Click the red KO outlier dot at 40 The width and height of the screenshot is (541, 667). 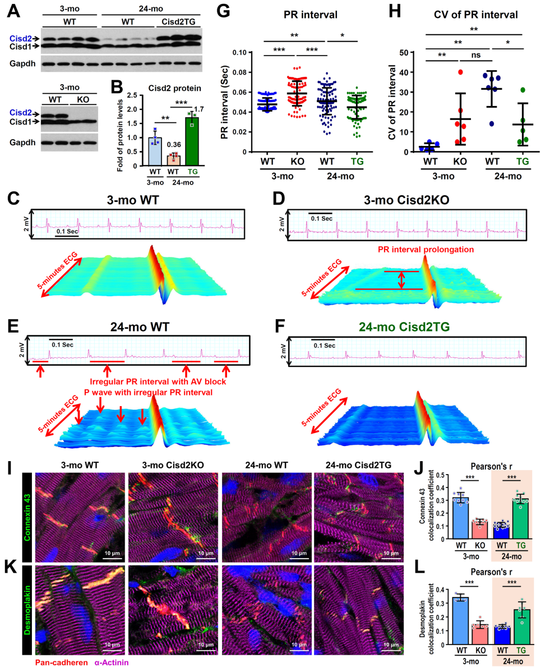coord(461,72)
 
